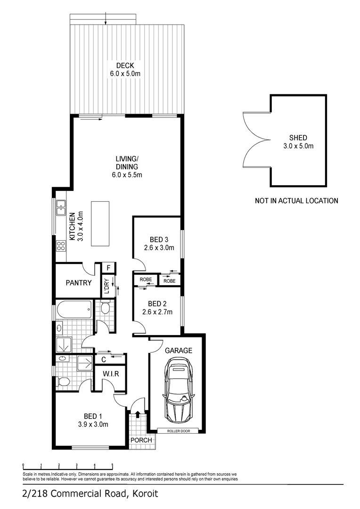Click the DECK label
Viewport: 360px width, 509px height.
(125, 65)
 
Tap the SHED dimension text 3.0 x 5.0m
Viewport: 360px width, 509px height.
(298, 146)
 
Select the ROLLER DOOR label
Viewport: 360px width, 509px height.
(177, 431)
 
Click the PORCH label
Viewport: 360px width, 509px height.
(142, 440)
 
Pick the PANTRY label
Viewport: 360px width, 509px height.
(78, 283)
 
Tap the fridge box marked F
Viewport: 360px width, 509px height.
(108, 268)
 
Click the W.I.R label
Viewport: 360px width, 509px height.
(110, 374)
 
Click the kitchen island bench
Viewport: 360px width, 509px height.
(99, 223)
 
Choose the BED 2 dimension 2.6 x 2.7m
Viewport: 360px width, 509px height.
(157, 312)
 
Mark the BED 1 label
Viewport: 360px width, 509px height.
(93, 416)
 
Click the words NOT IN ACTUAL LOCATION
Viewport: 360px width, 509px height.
(296, 201)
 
